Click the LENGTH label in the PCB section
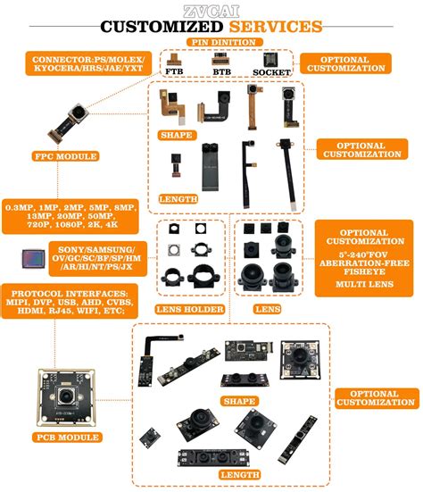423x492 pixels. point(237,474)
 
